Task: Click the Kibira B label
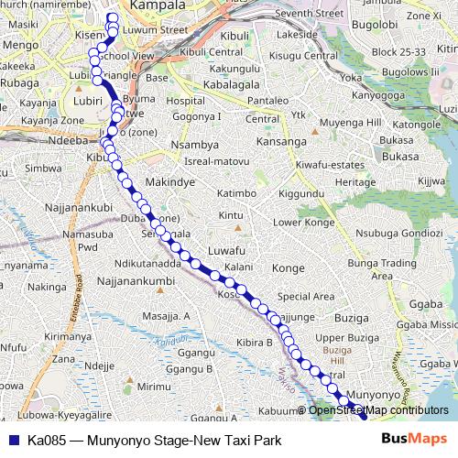click(x=256, y=342)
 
